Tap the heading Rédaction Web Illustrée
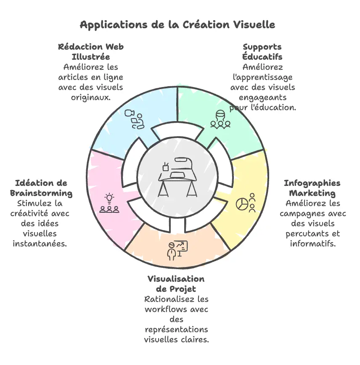click(91, 52)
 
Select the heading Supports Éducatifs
click(262, 52)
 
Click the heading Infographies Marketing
click(312, 188)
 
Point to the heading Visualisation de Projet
click(176, 284)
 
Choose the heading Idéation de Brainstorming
click(41, 188)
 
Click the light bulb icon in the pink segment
click(109, 198)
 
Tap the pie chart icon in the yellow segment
click(242, 204)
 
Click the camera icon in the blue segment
click(130, 113)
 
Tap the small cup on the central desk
click(166, 167)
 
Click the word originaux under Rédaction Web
click(91, 97)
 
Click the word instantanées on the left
click(40, 243)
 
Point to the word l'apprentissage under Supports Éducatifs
click(263, 77)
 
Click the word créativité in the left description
click(29, 213)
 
